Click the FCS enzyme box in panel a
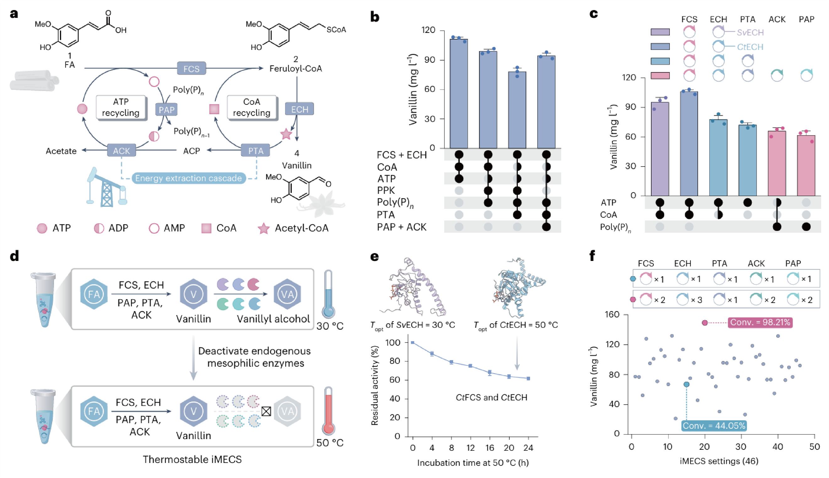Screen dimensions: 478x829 click(191, 69)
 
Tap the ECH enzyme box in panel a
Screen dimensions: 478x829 click(299, 109)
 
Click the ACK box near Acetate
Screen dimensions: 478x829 click(121, 151)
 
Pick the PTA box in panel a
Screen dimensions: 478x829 click(256, 151)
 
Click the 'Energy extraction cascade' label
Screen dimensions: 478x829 click(189, 178)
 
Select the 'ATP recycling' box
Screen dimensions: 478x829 click(121, 107)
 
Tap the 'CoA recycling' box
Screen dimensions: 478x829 click(252, 107)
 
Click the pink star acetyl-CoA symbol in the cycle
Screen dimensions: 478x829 click(286, 134)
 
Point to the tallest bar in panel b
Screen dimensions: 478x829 click(459, 93)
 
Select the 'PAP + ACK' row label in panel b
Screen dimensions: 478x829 click(402, 227)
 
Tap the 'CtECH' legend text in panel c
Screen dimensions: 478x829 click(750, 47)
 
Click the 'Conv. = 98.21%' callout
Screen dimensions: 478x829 click(760, 322)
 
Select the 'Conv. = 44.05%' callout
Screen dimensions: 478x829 click(714, 426)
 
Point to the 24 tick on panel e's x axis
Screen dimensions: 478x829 click(528, 448)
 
